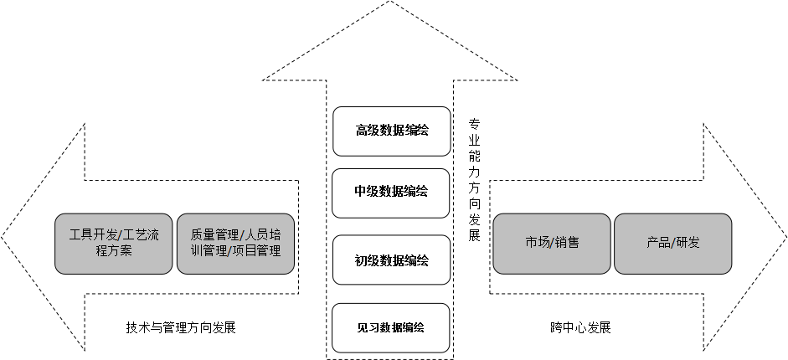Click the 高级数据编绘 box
(391, 131)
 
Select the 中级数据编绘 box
(391, 192)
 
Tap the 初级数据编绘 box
(391, 260)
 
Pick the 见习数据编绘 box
(391, 327)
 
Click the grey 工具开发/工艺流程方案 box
(114, 243)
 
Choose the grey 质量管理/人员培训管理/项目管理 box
(235, 243)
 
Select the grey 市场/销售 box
(552, 243)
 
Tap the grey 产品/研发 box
(672, 243)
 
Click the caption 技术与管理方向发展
(181, 328)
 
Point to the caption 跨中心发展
(575, 328)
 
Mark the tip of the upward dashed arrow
(390, 3)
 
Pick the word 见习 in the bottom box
(367, 327)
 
